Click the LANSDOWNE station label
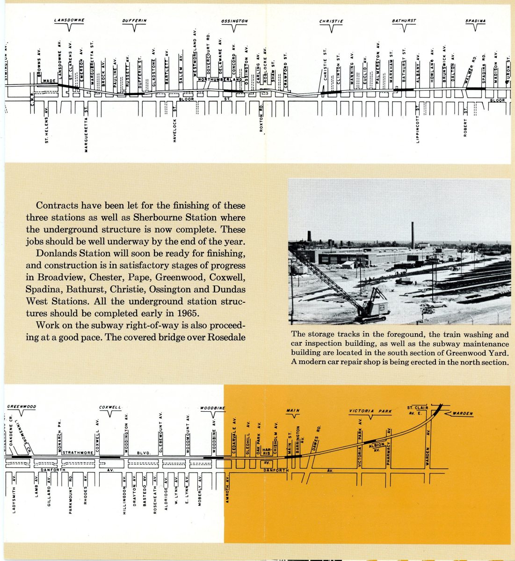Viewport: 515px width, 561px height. tap(69, 21)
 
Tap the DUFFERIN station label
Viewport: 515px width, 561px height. tap(135, 21)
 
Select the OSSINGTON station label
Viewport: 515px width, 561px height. tap(234, 22)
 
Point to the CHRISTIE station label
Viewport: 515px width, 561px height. tap(332, 22)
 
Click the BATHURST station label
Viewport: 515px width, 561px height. tap(404, 21)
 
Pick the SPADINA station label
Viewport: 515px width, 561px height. tap(475, 21)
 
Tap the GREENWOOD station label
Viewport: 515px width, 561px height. tap(22, 407)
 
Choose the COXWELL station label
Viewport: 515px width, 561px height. tap(110, 408)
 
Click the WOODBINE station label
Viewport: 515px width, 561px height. tap(213, 408)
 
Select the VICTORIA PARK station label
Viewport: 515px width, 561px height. tap(370, 411)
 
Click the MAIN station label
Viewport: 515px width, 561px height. tap(292, 410)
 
